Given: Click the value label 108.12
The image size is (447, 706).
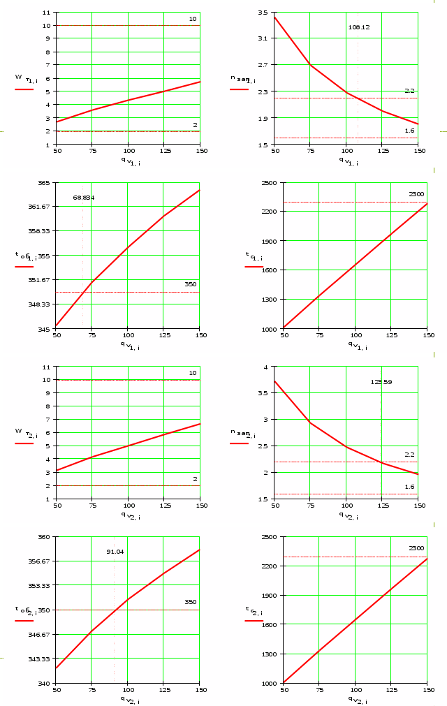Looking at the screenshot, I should coord(359,27).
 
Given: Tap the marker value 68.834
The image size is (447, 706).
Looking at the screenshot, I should coord(84,198).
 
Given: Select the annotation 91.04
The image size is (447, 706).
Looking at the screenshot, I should coord(115,552).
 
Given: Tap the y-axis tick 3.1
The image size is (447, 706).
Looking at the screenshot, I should coord(263,38).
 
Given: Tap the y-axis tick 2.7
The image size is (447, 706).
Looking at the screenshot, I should coord(263,64).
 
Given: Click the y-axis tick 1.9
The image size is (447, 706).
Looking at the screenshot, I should coord(263,118).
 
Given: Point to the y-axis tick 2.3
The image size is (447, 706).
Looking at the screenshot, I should coord(263,91).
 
